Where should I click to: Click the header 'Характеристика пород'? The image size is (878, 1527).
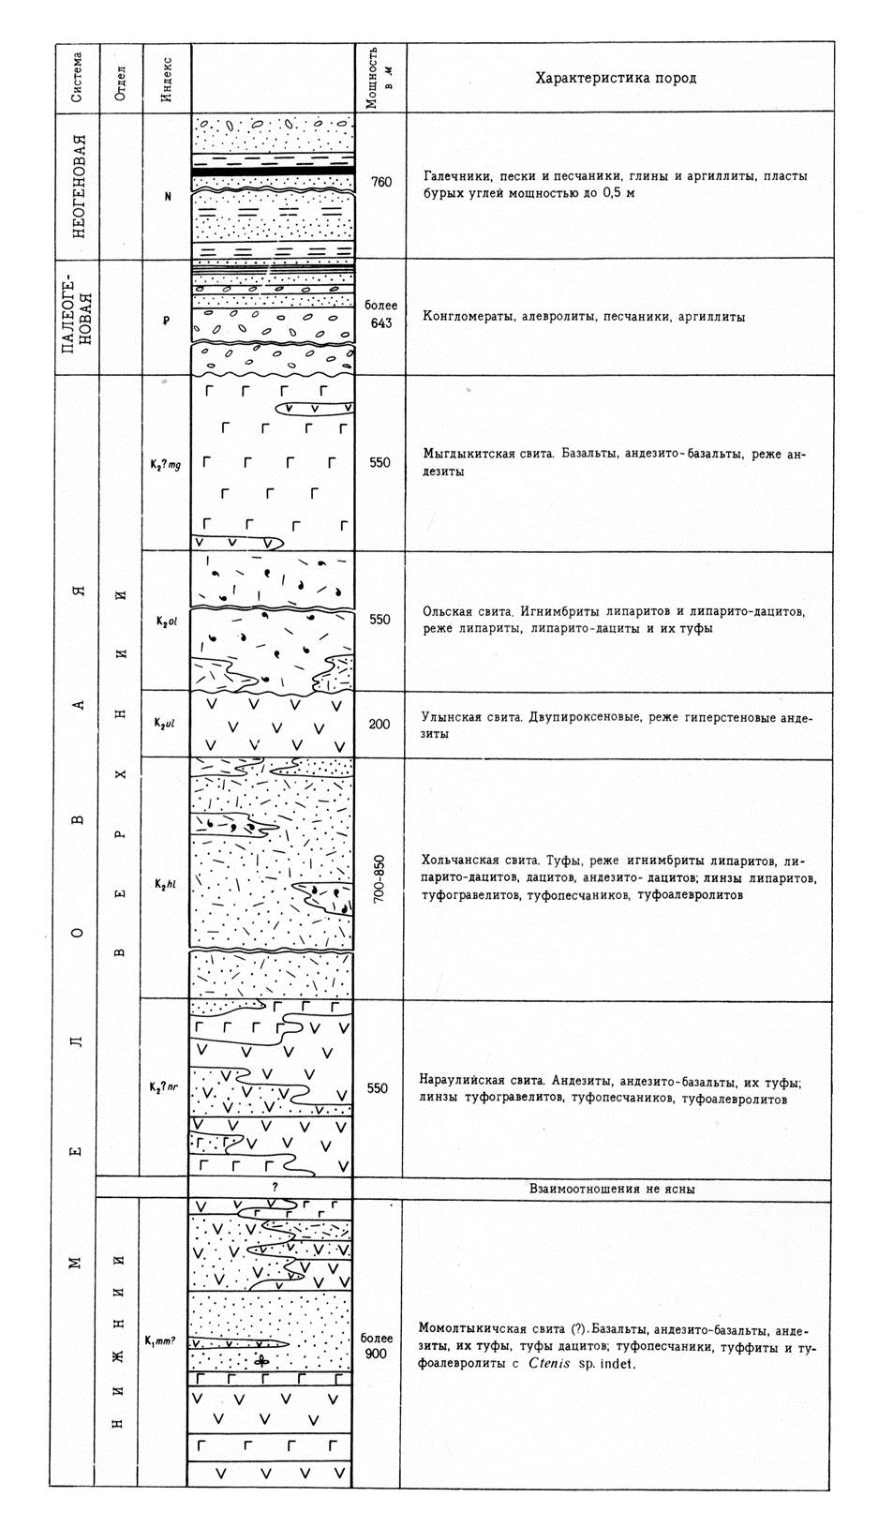pyautogui.click(x=615, y=78)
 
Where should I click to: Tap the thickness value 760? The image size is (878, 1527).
pyautogui.click(x=380, y=183)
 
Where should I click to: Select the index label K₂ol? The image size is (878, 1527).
pyautogui.click(x=167, y=620)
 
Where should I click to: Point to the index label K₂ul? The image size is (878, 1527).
pyautogui.click(x=167, y=724)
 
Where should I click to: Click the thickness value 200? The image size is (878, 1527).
pyautogui.click(x=379, y=725)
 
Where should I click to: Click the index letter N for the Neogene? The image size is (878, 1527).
pyautogui.click(x=168, y=197)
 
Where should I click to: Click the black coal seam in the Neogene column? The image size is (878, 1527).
pyautogui.click(x=273, y=172)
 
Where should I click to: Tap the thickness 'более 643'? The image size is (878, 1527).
pyautogui.click(x=380, y=314)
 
